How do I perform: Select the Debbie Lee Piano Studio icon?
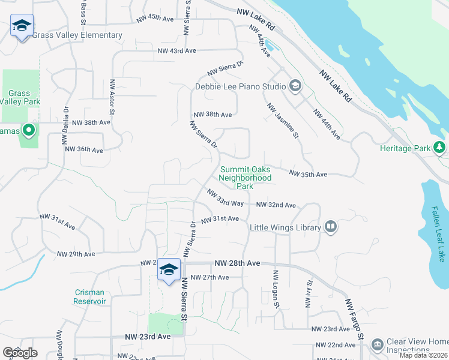pos(295,86)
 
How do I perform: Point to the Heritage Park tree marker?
pos(440,147)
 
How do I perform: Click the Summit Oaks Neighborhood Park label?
pos(245,178)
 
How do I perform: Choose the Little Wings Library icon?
pos(331,227)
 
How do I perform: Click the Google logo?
pos(20,353)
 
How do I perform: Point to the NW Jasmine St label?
pos(283,121)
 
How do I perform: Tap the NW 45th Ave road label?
pos(155,19)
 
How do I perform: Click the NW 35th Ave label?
pos(308,174)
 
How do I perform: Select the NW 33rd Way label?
pos(225,199)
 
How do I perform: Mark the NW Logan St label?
pos(277,289)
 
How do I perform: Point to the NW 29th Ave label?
pos(76,254)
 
